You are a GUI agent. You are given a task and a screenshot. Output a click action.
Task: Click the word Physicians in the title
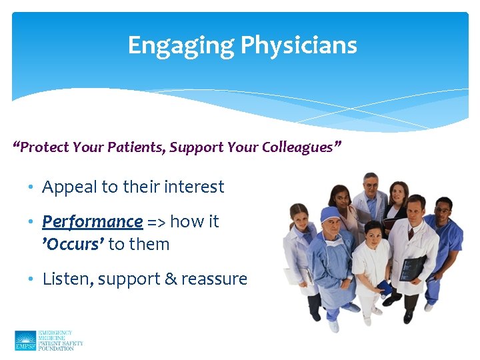pyautogui.click(x=298, y=45)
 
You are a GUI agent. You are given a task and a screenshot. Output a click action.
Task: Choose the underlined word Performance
pyautogui.click(x=92, y=221)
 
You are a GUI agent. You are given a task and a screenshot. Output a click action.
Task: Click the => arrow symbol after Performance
pyautogui.click(x=157, y=222)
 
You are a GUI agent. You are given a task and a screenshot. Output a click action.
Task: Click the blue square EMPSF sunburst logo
pyautogui.click(x=25, y=340)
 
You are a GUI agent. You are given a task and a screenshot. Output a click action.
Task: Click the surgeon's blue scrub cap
pyautogui.click(x=331, y=215)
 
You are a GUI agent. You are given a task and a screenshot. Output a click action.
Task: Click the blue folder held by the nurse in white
pyautogui.click(x=385, y=288)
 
